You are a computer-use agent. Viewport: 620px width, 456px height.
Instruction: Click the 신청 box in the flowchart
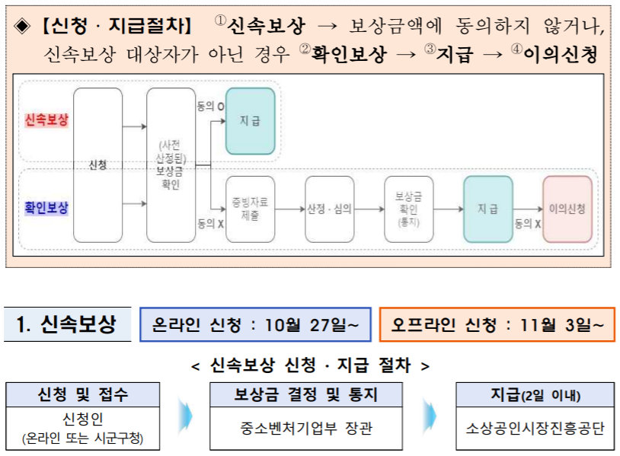point(97,165)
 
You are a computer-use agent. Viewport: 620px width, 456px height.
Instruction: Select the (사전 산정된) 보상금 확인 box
point(171,165)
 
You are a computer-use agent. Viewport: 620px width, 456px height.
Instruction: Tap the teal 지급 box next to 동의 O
point(250,121)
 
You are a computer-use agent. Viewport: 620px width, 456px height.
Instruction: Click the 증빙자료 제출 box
point(250,209)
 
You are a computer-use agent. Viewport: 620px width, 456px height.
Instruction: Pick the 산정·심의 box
point(329,209)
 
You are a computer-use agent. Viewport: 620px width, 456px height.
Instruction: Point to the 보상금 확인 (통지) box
point(409,209)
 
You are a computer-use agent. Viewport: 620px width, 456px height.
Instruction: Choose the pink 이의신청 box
point(567,209)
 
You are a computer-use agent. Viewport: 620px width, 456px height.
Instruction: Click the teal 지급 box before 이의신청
point(487,209)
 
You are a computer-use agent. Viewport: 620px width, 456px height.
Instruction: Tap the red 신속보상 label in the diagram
point(46,120)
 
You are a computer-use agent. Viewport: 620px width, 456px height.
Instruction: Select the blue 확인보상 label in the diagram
point(46,207)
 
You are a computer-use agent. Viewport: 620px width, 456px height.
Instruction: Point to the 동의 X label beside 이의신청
point(528,224)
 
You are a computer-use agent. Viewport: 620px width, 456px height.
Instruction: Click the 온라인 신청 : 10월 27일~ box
point(255,325)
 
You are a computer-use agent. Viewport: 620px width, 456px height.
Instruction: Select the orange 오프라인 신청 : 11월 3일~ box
point(497,325)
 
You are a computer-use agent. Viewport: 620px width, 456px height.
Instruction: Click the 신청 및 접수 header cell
point(83,394)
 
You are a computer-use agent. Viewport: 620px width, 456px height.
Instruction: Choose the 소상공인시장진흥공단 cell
point(535,429)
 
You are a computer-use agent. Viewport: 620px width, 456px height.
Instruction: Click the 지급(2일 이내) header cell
point(535,394)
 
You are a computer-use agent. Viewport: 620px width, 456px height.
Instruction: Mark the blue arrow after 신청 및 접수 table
point(185,416)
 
